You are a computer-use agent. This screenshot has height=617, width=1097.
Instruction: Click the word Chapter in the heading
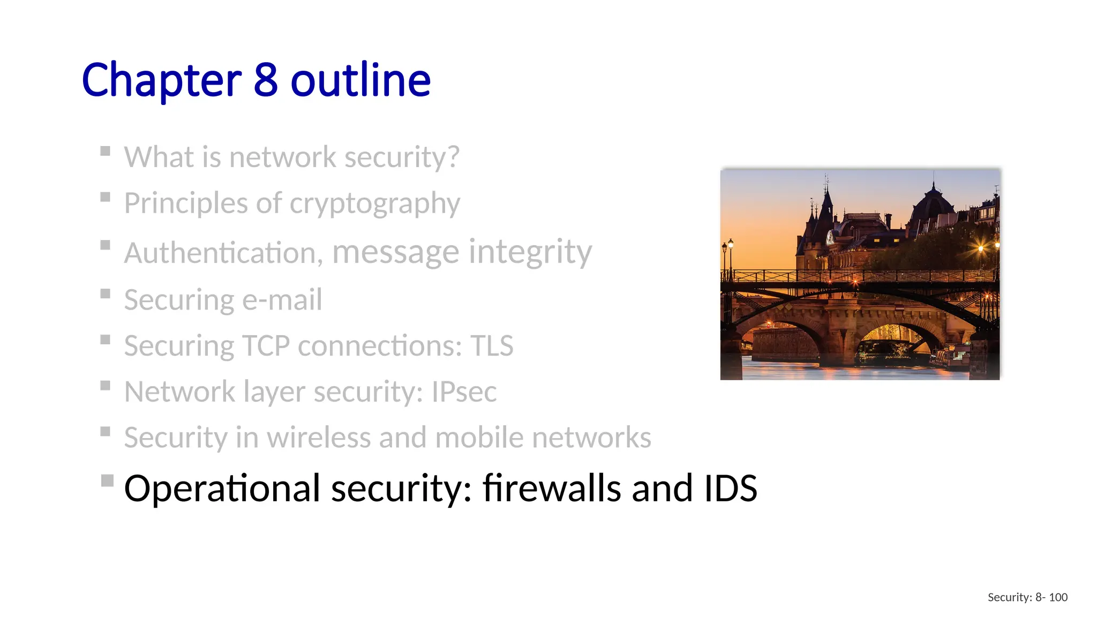[x=161, y=80]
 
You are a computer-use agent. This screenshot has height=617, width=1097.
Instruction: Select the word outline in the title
[x=360, y=80]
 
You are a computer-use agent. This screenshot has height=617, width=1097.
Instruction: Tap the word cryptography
[x=374, y=204]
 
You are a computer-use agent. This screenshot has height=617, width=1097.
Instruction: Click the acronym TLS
[x=492, y=345]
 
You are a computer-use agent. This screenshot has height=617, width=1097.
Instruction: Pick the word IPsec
[x=464, y=392]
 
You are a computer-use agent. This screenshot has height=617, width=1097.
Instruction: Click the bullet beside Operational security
[x=107, y=480]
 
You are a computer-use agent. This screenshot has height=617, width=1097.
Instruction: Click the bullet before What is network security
[x=106, y=151]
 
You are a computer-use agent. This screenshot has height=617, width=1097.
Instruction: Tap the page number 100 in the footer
[x=1058, y=597]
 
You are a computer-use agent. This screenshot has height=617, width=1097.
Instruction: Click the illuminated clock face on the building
[x=830, y=236]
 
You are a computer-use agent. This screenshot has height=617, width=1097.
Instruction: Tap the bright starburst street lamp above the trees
[x=981, y=249]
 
